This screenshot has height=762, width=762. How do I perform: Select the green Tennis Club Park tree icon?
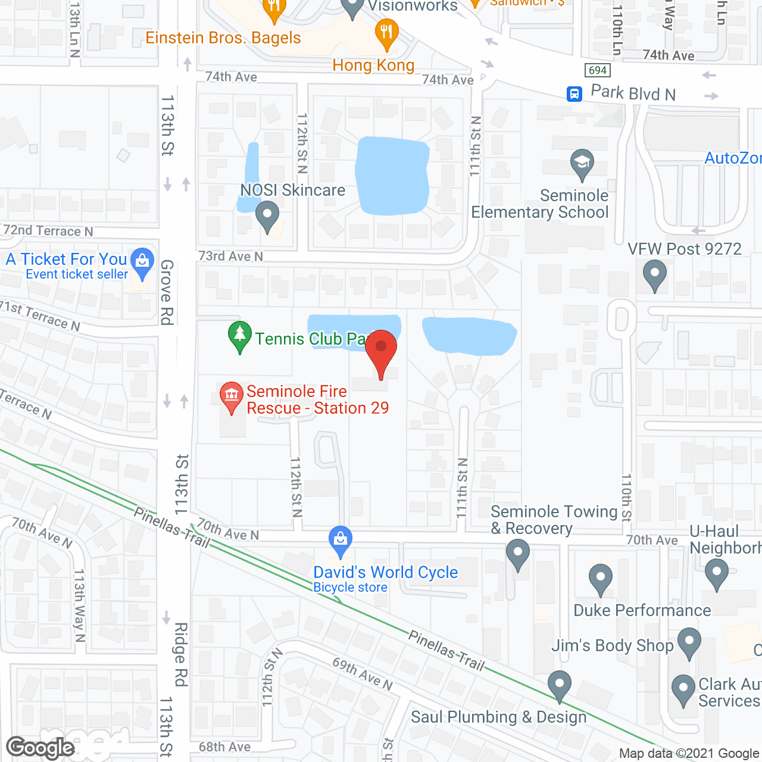pyautogui.click(x=239, y=335)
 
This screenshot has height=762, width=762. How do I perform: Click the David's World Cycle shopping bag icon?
pyautogui.click(x=341, y=539)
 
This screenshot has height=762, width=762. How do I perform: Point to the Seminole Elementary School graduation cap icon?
pyautogui.click(x=582, y=163)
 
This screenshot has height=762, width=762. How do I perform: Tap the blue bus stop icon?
pyautogui.click(x=574, y=93)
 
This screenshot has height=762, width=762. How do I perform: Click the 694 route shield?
pyautogui.click(x=597, y=70)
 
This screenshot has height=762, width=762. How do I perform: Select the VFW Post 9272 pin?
pyautogui.click(x=655, y=274)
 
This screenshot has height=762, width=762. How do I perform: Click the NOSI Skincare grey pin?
pyautogui.click(x=267, y=215)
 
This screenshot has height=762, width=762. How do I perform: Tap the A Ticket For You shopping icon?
pyautogui.click(x=142, y=261)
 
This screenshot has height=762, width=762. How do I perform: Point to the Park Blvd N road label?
pyautogui.click(x=633, y=93)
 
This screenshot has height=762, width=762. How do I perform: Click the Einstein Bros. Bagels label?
pyautogui.click(x=223, y=38)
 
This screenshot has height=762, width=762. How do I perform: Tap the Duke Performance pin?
pyautogui.click(x=601, y=577)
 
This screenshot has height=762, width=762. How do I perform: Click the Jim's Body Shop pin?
pyautogui.click(x=689, y=641)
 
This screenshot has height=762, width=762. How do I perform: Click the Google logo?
pyautogui.click(x=40, y=748)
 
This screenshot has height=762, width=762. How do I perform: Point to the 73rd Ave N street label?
pyautogui.click(x=230, y=256)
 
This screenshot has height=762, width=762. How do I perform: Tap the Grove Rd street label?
pyautogui.click(x=167, y=292)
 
